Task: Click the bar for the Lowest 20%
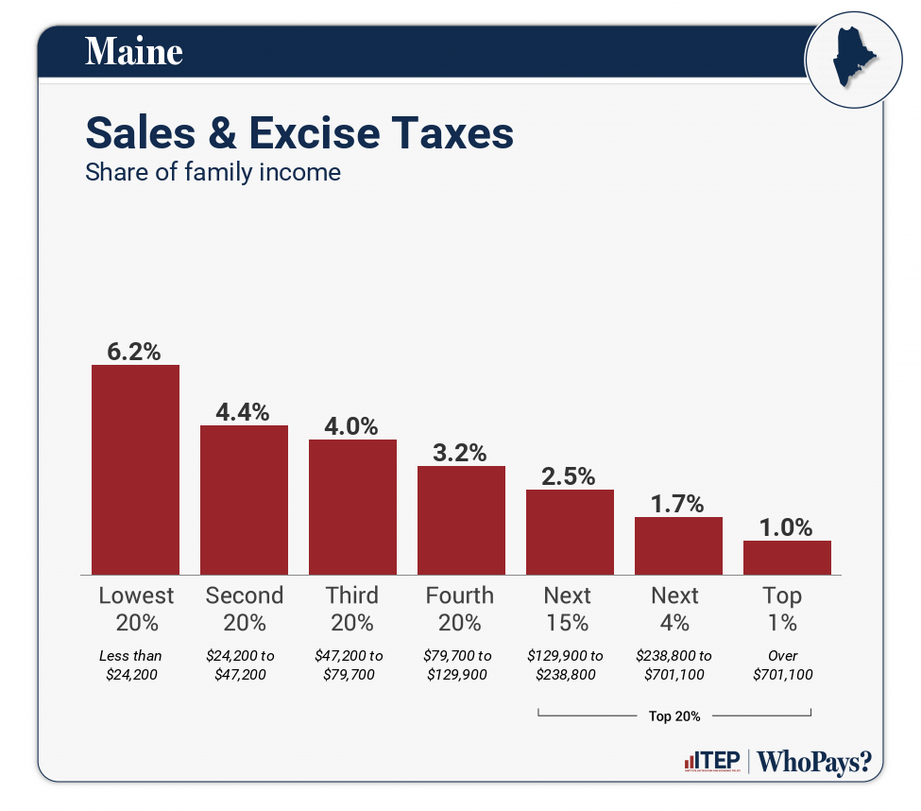135,469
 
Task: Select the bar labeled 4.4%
244,499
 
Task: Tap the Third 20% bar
352,507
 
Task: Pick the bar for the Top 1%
787,557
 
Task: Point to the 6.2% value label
135,351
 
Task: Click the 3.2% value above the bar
461,452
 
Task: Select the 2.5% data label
570,475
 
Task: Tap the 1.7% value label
678,503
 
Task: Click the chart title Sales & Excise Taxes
299,132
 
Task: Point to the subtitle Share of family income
213,173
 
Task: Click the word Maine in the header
134,51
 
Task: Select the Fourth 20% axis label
460,609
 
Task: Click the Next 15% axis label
568,609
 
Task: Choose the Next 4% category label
675,609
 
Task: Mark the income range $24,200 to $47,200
244,664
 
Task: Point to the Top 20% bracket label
674,716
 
